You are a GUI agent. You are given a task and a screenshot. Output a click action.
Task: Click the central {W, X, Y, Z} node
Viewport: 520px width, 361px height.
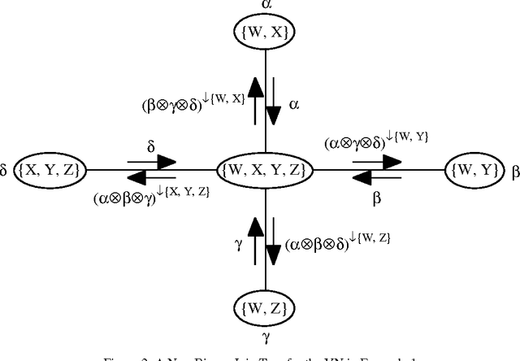click(x=264, y=170)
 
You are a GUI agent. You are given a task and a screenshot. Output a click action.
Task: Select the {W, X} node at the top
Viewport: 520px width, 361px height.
click(x=266, y=32)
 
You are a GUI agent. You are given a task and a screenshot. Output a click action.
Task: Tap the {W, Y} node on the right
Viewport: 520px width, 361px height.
click(x=472, y=170)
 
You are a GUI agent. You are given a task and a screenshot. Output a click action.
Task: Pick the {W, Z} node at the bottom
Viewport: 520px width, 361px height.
click(x=266, y=308)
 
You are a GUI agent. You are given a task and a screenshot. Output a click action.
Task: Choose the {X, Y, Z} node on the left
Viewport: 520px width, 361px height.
click(x=54, y=170)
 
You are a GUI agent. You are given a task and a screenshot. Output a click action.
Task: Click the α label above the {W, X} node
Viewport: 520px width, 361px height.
click(x=266, y=6)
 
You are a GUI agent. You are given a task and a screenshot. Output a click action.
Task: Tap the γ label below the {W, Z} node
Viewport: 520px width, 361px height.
click(x=266, y=335)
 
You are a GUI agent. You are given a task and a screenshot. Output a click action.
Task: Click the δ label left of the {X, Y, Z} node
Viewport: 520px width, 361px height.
click(x=8, y=170)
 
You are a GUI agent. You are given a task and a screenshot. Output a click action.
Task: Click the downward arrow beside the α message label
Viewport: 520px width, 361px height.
click(x=274, y=103)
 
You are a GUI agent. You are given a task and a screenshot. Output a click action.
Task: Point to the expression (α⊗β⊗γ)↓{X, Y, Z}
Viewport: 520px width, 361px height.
click(x=152, y=194)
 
